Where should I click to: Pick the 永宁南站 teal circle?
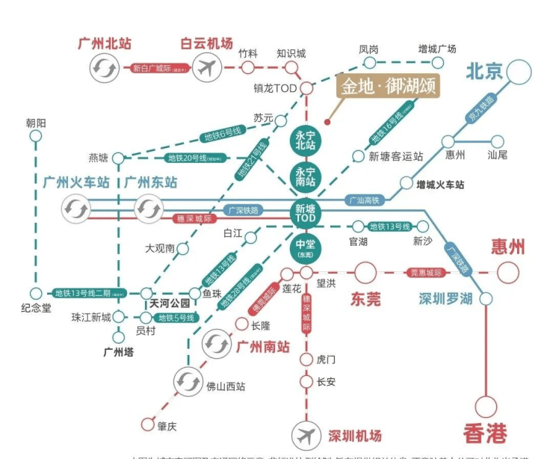point(306,176)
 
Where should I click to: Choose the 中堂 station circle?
point(306,248)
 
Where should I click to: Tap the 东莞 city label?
point(366,299)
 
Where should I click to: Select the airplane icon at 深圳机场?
point(306,434)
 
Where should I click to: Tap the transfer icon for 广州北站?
point(103,69)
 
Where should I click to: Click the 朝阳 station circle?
point(35,136)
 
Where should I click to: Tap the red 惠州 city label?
point(508,247)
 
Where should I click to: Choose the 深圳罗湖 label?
point(445,299)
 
